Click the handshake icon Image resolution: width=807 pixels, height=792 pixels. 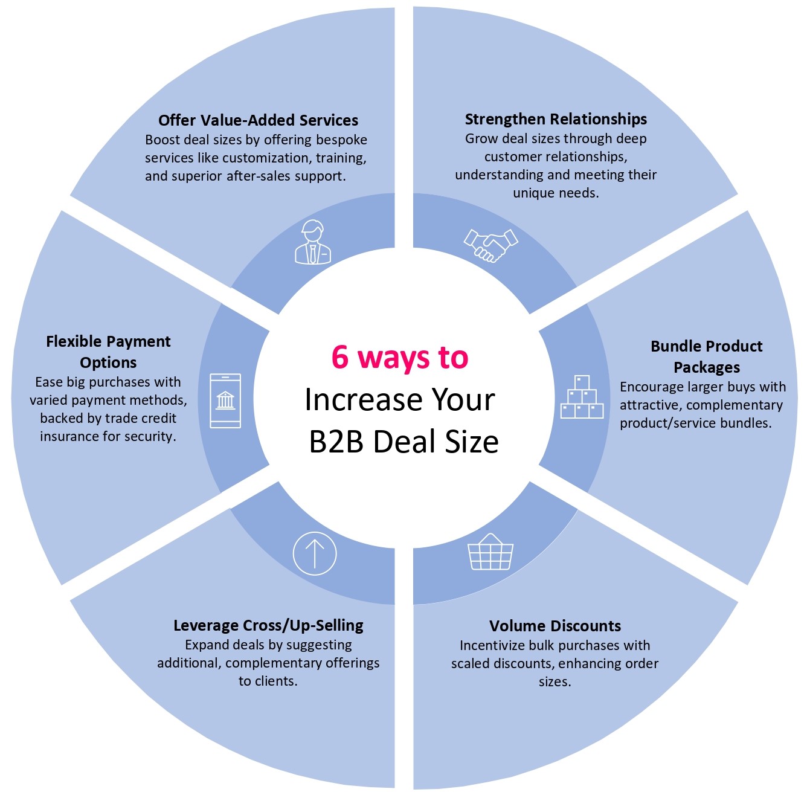490,245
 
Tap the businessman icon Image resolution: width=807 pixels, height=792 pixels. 313,242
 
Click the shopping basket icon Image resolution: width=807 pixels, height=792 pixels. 490,552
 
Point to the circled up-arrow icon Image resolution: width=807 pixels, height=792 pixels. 314,553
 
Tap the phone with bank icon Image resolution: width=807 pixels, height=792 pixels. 225,401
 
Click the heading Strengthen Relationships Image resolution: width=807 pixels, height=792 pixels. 556,119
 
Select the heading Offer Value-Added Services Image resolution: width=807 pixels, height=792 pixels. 258,120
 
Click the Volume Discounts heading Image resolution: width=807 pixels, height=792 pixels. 555,626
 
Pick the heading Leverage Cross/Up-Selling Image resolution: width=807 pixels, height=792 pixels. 268,625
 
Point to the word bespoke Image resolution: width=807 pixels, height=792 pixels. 342,140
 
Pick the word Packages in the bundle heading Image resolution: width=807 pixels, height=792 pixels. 706,367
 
